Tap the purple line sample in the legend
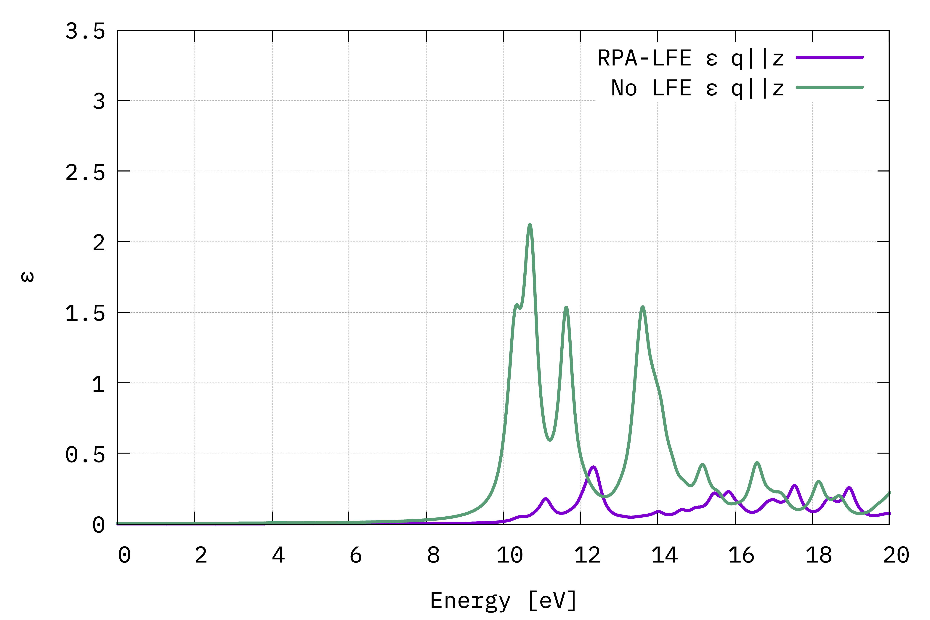829,57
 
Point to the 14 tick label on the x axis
664,556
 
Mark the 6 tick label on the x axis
355,556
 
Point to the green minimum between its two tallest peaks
550,440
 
